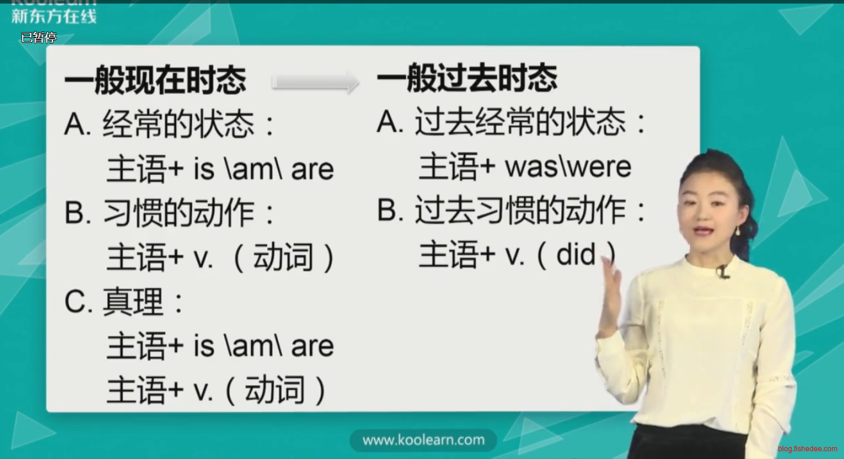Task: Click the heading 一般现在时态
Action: (155, 80)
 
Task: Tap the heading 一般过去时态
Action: (468, 78)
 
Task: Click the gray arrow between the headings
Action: (315, 82)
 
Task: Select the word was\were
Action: (568, 167)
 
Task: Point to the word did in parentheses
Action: (576, 255)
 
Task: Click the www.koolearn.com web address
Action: (423, 440)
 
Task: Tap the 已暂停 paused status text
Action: (39, 38)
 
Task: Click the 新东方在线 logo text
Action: (54, 16)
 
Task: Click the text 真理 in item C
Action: (132, 302)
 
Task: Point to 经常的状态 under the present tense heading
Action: (178, 124)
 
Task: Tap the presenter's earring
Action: (738, 231)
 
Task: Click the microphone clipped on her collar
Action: (723, 271)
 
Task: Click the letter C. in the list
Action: (79, 302)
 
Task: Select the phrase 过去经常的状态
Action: (520, 122)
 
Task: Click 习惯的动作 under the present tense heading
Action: (178, 213)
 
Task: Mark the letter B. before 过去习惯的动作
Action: (390, 210)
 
